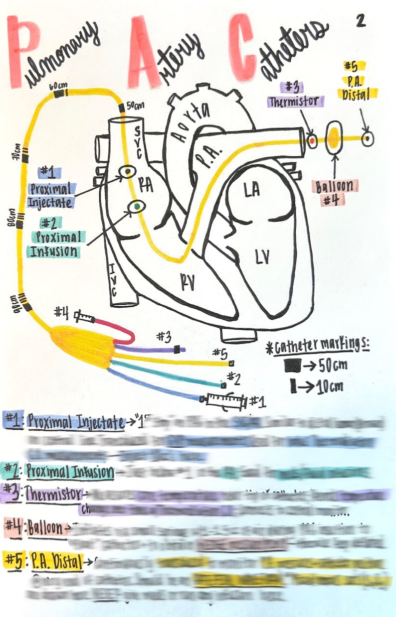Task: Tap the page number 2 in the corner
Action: pos(361,20)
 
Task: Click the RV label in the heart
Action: pos(187,282)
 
